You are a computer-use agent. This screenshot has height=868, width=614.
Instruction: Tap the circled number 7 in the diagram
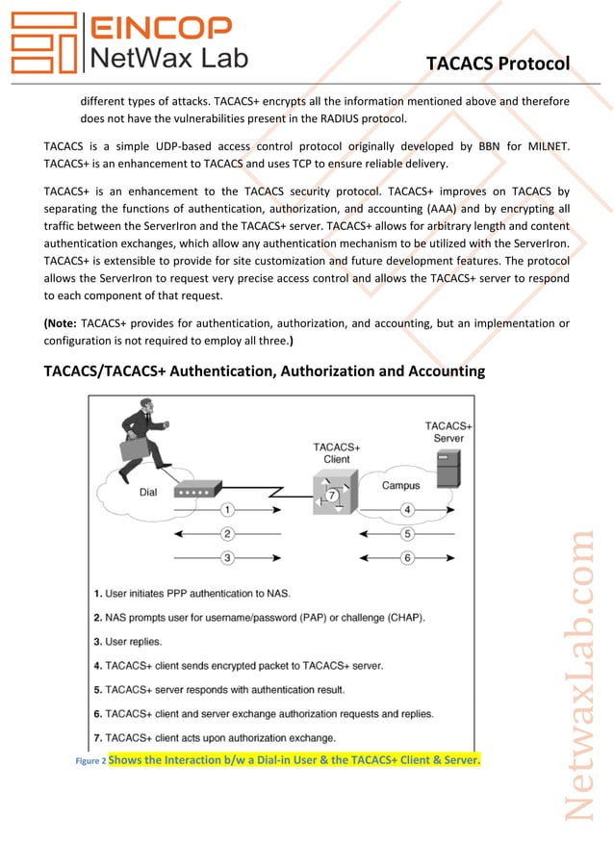click(331, 496)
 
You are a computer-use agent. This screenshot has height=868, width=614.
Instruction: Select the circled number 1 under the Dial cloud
click(227, 509)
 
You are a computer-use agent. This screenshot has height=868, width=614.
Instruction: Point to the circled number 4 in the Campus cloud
click(407, 509)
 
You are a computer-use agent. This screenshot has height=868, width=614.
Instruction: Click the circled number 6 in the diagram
click(407, 557)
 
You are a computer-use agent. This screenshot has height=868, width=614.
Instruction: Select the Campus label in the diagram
click(401, 485)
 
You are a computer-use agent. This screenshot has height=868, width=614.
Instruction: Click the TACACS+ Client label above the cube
click(337, 453)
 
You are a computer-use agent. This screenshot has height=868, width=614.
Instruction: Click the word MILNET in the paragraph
click(545, 145)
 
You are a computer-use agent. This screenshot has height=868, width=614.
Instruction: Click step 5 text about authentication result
click(219, 689)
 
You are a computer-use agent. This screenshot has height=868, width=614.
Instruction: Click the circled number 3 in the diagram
click(227, 557)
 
